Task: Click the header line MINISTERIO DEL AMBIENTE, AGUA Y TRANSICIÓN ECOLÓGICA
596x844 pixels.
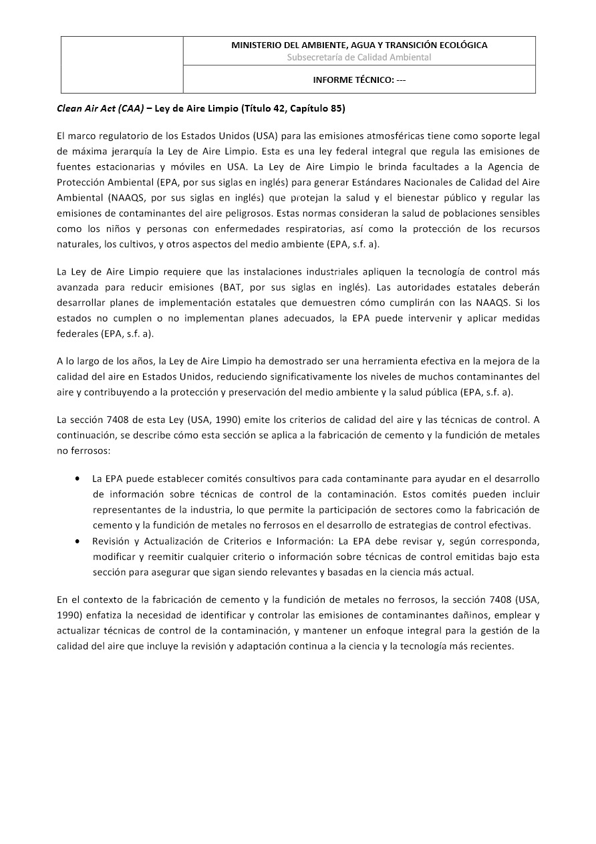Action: pyautogui.click(x=359, y=45)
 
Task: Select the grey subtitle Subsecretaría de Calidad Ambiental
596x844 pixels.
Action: pyautogui.click(x=359, y=57)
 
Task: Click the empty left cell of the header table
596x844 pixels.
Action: pyautogui.click(x=122, y=65)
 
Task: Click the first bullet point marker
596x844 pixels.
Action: pyautogui.click(x=79, y=478)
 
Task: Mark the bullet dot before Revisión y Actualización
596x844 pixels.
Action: pyautogui.click(x=79, y=541)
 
